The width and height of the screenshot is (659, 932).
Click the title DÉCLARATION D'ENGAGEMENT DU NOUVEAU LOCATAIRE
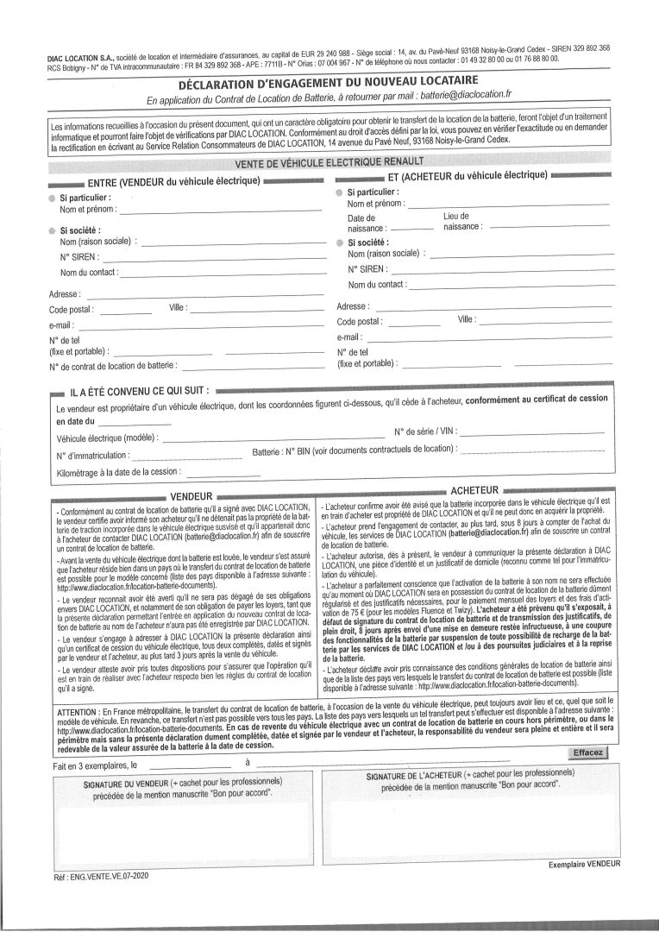pyautogui.click(x=329, y=85)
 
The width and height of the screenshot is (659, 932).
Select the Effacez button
pyautogui.click(x=589, y=753)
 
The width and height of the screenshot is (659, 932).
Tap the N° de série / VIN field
pyautogui.click(x=535, y=430)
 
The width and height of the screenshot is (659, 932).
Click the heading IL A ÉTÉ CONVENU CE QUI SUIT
pyautogui.click(x=138, y=391)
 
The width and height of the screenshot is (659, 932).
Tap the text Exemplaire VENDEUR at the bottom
pyautogui.click(x=584, y=864)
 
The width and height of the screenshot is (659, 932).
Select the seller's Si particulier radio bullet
pyautogui.click(x=53, y=198)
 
